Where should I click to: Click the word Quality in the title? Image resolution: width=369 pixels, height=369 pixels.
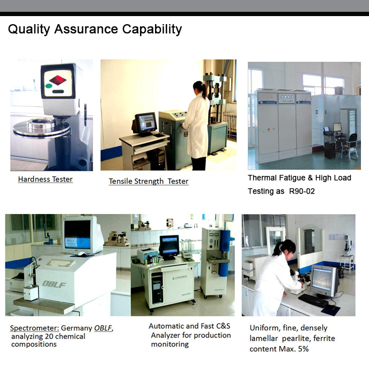(x=29, y=29)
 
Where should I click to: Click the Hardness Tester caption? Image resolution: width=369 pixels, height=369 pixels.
(x=45, y=179)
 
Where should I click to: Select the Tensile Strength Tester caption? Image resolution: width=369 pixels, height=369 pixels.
(x=149, y=181)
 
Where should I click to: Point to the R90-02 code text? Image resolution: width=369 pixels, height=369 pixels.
(x=302, y=191)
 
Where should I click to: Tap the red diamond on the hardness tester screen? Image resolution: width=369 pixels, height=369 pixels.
(x=58, y=80)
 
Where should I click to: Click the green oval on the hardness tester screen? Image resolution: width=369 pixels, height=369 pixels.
(x=49, y=86)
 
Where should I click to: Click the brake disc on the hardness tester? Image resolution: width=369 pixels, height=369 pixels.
(x=42, y=128)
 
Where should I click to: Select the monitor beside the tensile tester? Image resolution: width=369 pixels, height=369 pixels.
(x=145, y=124)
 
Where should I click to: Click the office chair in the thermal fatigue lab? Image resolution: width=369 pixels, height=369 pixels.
(x=350, y=146)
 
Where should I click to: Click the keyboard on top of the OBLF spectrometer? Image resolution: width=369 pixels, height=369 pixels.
(x=61, y=263)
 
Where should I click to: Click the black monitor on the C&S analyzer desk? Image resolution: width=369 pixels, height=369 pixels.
(x=169, y=247)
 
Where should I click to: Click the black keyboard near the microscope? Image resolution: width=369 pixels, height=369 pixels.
(x=313, y=300)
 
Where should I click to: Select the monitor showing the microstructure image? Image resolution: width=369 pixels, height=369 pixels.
(x=324, y=281)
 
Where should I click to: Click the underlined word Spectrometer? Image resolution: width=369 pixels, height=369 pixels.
(x=34, y=328)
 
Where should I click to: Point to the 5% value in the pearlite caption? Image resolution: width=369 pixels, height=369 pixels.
(x=303, y=349)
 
